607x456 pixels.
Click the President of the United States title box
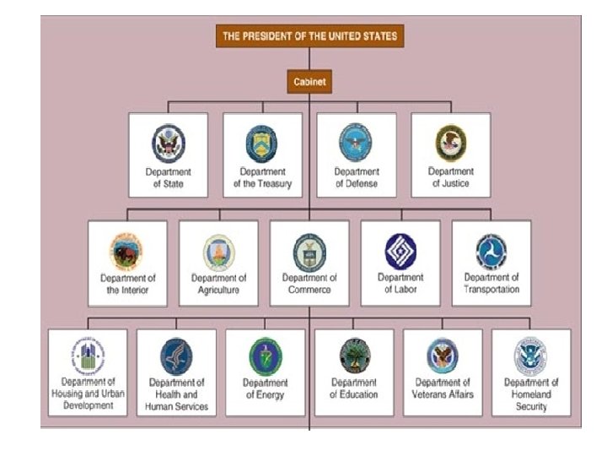[x=309, y=36]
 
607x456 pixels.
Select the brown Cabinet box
[x=309, y=82]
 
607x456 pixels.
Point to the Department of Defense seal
[x=356, y=142]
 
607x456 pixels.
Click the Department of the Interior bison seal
[x=126, y=252]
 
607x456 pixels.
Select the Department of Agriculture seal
[x=218, y=252]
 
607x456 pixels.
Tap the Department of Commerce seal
[x=309, y=251]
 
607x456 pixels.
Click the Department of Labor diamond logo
[x=400, y=251]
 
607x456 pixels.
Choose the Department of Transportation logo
[x=492, y=252]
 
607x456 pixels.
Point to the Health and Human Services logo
[x=176, y=357]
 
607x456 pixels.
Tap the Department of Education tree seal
[x=353, y=357]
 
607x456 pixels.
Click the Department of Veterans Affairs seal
[x=443, y=357]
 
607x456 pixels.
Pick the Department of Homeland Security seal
[x=531, y=357]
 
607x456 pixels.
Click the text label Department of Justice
[x=450, y=177]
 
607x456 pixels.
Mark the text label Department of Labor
[x=400, y=284]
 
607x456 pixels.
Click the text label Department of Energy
[x=265, y=388]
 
